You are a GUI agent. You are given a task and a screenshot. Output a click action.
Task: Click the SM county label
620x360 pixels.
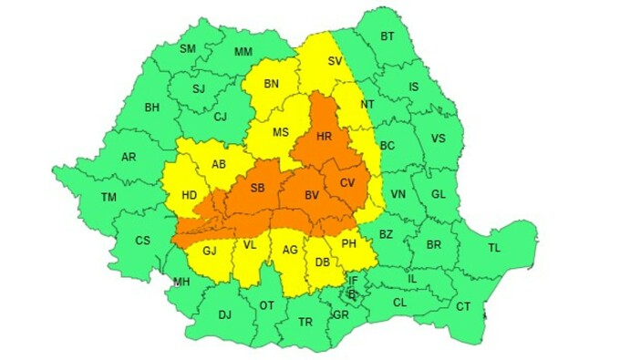coord(188,48)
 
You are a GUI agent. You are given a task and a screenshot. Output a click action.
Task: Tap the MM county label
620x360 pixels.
coord(243,52)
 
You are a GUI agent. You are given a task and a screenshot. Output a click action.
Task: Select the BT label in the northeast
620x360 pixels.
coord(387,36)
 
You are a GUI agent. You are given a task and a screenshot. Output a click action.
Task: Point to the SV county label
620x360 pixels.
coord(335,61)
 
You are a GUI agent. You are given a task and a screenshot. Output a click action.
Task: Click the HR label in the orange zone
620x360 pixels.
coord(324,136)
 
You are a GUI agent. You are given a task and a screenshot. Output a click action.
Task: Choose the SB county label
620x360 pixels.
coord(257,189)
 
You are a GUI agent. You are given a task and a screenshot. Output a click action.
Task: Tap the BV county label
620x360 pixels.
coord(312,195)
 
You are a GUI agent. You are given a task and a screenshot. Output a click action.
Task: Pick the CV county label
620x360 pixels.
coord(347,183)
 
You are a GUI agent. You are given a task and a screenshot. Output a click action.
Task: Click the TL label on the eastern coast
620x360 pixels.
coord(495,247)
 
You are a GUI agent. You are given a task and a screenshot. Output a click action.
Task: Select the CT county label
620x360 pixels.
coord(463,306)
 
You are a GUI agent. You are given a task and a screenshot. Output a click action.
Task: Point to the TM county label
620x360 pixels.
coord(109,197)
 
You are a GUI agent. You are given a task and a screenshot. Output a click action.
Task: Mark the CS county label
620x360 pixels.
coord(143,241)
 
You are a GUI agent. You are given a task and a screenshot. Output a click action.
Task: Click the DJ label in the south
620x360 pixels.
coord(224,314)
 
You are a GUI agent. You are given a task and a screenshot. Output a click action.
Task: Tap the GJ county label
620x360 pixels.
coord(211,251)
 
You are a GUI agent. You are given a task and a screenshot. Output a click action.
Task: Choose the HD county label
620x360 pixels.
coord(190,194)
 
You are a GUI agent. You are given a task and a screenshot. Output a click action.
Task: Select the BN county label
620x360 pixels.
coord(271,84)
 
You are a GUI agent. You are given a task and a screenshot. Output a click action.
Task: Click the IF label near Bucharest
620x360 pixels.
coord(353,281)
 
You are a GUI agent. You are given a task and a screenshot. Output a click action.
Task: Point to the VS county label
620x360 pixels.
coord(439,139)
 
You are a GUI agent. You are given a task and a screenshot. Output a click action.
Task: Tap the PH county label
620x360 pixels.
coord(348,243)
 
